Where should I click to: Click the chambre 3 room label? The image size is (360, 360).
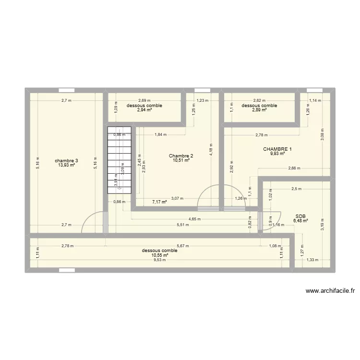(66, 160)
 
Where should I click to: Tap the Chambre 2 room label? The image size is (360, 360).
(181, 156)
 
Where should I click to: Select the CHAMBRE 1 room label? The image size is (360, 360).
(277, 149)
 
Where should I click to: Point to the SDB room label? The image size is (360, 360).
(300, 216)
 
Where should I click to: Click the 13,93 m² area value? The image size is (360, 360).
(66, 165)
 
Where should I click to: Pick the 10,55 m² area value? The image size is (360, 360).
(159, 255)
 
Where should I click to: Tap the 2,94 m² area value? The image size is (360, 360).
(144, 110)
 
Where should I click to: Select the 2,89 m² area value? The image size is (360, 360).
(259, 110)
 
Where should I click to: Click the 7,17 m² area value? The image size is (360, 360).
(159, 202)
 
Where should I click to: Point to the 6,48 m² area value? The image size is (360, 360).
(300, 221)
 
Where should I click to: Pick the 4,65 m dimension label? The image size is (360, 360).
(194, 219)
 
